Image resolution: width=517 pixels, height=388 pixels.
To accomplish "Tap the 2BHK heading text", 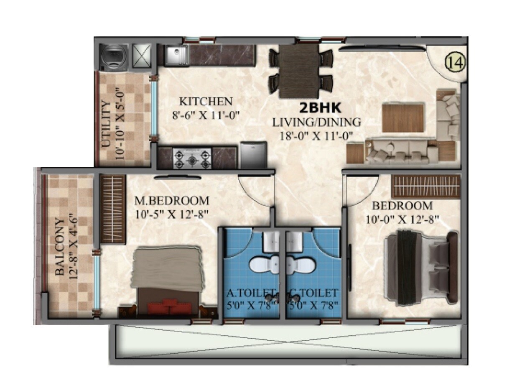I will pyautogui.click(x=320, y=108).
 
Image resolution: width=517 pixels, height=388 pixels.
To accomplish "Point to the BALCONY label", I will pyautogui.click(x=60, y=247).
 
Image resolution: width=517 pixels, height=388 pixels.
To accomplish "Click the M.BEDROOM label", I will pyautogui.click(x=171, y=200).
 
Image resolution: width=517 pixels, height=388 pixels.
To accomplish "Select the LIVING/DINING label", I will pyautogui.click(x=316, y=123).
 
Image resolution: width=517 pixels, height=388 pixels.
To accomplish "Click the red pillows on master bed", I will pyautogui.click(x=169, y=306).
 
